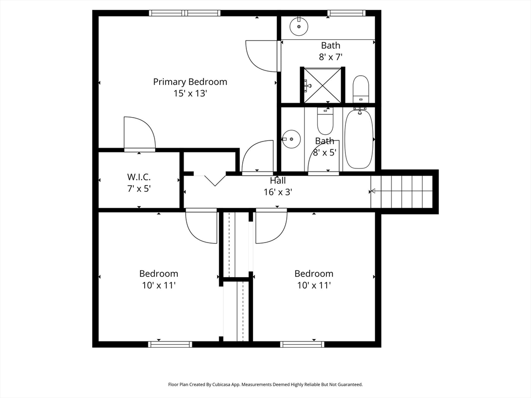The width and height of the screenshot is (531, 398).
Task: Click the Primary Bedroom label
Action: point(190,82)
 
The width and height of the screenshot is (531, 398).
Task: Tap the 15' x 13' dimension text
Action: point(190,93)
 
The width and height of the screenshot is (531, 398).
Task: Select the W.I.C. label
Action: point(139,177)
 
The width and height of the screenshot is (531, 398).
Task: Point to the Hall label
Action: point(278,180)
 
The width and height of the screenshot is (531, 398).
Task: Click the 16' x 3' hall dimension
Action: point(278,192)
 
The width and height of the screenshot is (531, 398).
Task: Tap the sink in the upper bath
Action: point(299,26)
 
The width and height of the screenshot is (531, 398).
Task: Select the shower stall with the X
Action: point(323,85)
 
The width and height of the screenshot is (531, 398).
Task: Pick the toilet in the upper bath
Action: point(361,89)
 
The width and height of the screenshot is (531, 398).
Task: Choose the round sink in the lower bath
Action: point(291,139)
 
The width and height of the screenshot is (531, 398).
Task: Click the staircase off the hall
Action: point(402,192)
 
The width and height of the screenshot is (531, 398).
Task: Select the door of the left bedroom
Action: point(202,226)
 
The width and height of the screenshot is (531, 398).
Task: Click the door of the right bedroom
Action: point(271,226)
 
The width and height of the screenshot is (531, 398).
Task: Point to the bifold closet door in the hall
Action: point(210,179)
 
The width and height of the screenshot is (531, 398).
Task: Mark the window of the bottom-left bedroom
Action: point(170,344)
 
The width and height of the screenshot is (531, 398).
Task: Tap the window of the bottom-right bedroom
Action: point(302,344)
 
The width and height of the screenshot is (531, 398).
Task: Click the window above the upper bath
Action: point(346,13)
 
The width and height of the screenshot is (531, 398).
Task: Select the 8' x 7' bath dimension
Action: point(330,57)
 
